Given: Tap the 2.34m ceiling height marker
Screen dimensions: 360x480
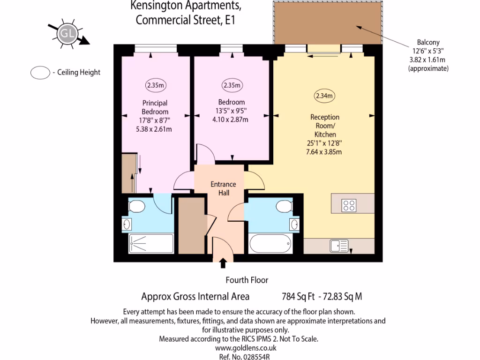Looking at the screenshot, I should tap(324, 96).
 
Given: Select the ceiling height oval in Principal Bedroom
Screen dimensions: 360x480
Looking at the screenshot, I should tap(155, 85).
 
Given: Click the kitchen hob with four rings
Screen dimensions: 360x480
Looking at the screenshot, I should tap(349, 205).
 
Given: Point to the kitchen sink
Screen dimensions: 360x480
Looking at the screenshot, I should tap(338, 245).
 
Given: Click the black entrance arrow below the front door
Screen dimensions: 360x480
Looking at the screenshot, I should tap(223, 263).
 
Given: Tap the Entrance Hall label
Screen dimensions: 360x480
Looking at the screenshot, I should tap(223, 188).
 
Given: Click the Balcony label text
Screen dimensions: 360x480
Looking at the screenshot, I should tap(428, 42).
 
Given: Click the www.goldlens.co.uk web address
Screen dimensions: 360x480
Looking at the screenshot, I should tap(246, 348).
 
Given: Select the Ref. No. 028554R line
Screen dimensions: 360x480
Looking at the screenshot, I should tap(246, 356).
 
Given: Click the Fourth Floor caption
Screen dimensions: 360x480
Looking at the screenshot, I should tap(247, 280).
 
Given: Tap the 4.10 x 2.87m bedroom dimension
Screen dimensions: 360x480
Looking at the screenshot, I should tap(231, 119).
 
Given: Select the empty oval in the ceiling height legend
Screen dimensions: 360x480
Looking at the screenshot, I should tap(40, 72).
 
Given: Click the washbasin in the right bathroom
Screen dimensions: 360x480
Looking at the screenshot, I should tap(294, 225).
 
